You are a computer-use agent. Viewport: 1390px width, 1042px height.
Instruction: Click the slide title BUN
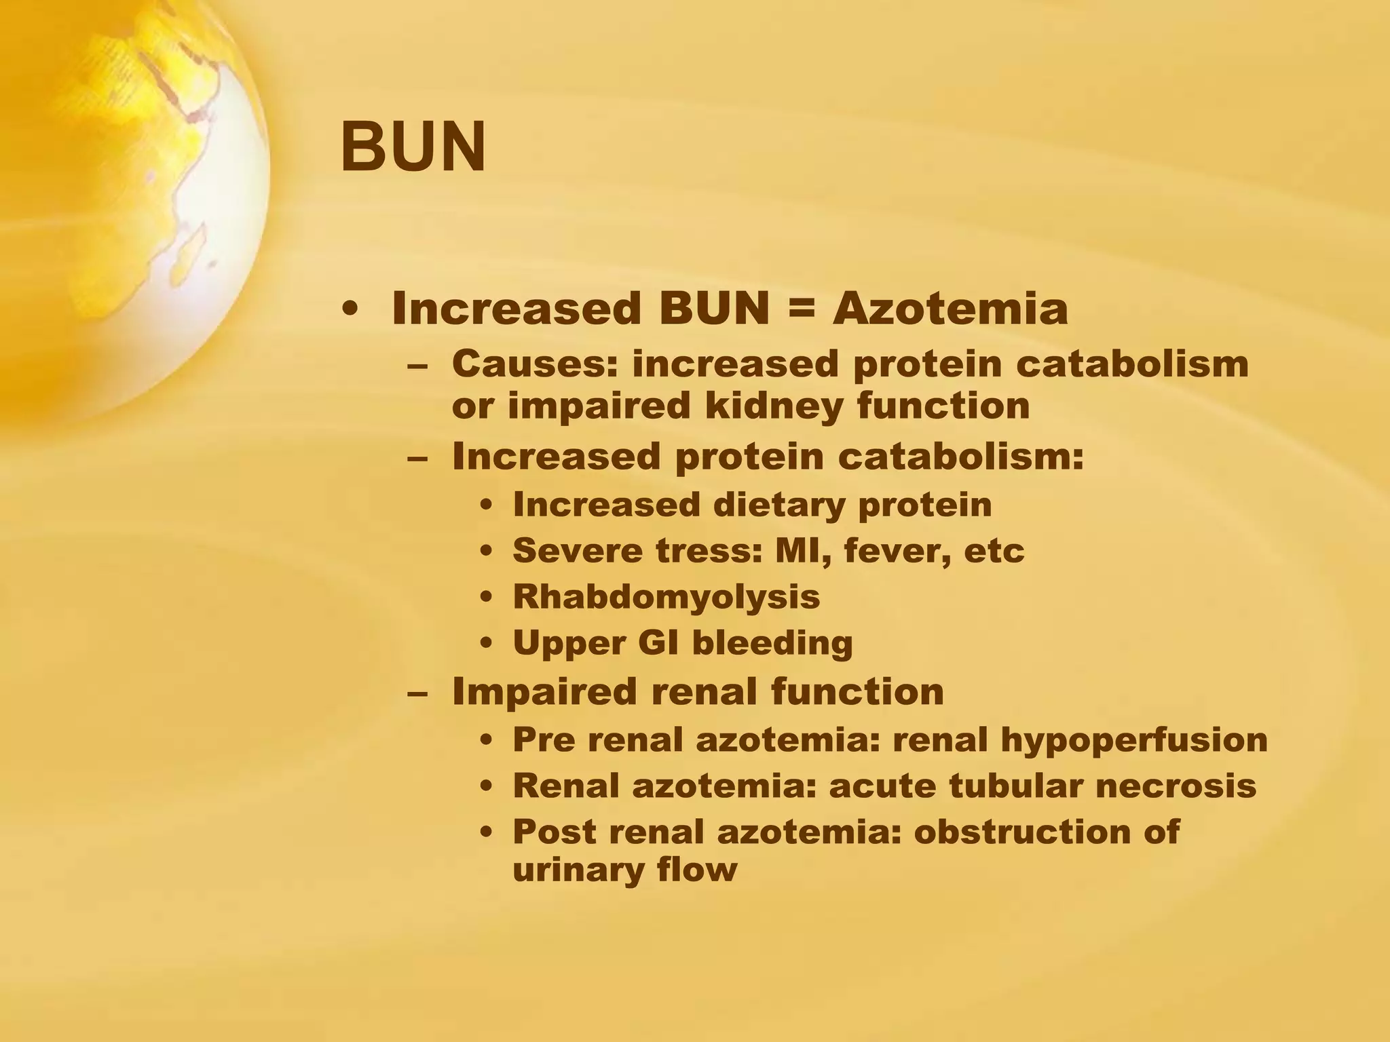pyautogui.click(x=413, y=147)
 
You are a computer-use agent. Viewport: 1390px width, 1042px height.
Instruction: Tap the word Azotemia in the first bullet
pyautogui.click(x=950, y=309)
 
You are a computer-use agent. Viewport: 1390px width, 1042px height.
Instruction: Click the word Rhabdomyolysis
pyautogui.click(x=666, y=597)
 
